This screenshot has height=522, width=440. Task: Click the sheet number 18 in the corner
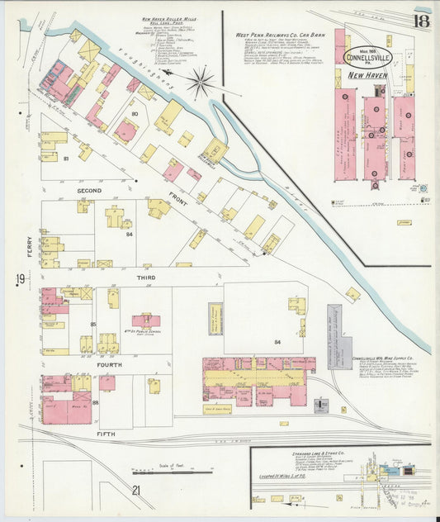click(421, 21)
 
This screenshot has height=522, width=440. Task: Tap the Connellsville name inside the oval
click(368, 57)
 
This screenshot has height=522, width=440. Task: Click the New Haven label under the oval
click(367, 75)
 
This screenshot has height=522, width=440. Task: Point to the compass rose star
click(200, 83)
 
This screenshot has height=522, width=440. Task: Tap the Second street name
click(88, 191)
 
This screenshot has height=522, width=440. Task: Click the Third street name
click(145, 278)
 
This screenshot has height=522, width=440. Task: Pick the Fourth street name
click(108, 364)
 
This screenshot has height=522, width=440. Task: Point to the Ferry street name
click(29, 245)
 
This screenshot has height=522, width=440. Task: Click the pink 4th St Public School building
click(146, 320)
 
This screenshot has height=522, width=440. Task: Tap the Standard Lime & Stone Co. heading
click(318, 453)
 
